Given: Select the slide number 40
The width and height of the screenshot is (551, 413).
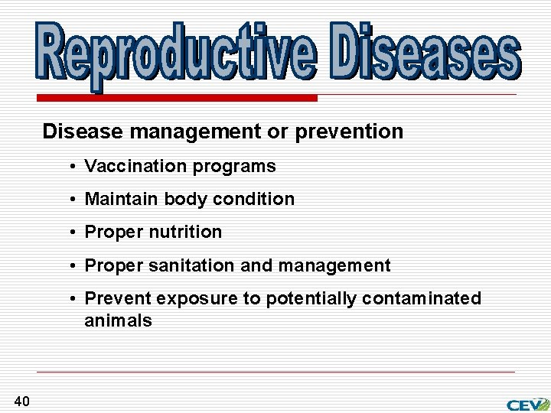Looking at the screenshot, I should [21, 401].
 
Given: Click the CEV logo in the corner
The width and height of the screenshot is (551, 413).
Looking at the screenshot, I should [527, 404].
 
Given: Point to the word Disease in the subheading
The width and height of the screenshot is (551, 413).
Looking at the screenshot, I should [83, 132].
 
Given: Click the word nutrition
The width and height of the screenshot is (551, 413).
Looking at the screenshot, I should [187, 232].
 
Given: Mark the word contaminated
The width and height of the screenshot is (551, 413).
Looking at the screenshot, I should [422, 298].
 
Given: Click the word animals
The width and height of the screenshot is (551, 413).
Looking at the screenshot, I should [118, 320].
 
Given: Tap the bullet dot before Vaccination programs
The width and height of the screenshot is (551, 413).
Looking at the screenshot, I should [70, 167].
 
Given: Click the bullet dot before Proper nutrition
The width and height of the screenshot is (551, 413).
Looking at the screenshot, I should [70, 233].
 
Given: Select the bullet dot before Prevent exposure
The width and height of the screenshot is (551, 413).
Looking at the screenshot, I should [70, 299].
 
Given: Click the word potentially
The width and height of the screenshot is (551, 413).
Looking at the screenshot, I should [311, 298].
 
